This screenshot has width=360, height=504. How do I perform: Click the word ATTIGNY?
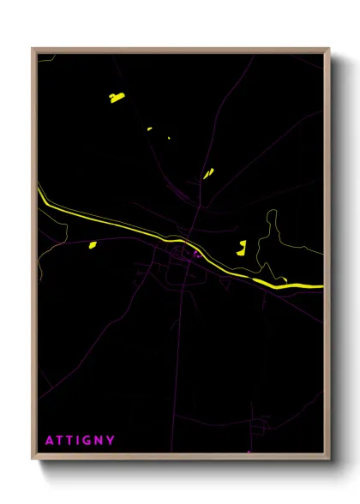pyautogui.click(x=81, y=441)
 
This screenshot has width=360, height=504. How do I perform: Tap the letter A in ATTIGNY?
pyautogui.click(x=50, y=441)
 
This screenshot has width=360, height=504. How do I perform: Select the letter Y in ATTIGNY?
pyautogui.click(x=111, y=441)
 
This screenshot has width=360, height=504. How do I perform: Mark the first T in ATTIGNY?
pyautogui.click(x=60, y=441)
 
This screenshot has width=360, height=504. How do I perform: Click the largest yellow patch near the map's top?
pyautogui.click(x=117, y=98)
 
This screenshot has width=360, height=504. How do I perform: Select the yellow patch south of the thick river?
pyautogui.click(x=93, y=245)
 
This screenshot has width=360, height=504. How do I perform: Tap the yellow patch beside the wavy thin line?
pyautogui.click(x=242, y=249)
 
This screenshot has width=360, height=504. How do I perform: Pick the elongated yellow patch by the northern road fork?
pyautogui.click(x=207, y=173)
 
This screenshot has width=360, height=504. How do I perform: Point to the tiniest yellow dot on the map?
pyautogui.click(x=169, y=137)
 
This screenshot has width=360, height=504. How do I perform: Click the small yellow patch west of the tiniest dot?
pyautogui.click(x=149, y=129)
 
